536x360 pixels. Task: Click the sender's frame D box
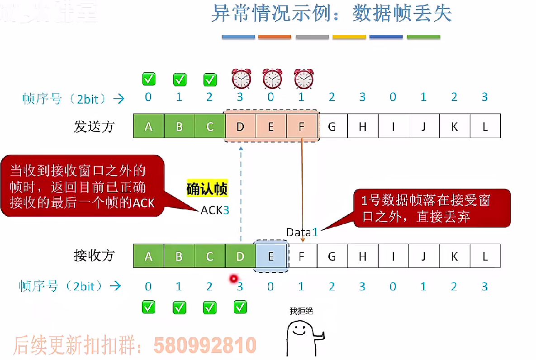coord(240,126)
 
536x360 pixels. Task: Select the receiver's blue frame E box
coord(270,256)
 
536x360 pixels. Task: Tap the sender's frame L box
coord(485,126)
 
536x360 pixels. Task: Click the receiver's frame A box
coord(148,256)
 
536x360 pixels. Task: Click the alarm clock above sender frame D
coord(241,79)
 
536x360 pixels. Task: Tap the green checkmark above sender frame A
coord(149,79)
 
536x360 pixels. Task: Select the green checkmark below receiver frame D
coord(240,307)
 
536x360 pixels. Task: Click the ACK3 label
coord(212,210)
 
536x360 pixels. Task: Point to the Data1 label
coord(302,232)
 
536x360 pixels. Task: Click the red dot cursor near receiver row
coord(233,279)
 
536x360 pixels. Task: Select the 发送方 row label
coord(94,126)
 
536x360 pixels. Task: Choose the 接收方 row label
coord(94,256)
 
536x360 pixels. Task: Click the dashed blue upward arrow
coord(241,194)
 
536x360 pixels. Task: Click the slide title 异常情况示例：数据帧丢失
coord(331,14)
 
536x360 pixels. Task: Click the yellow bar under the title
coord(349,37)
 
